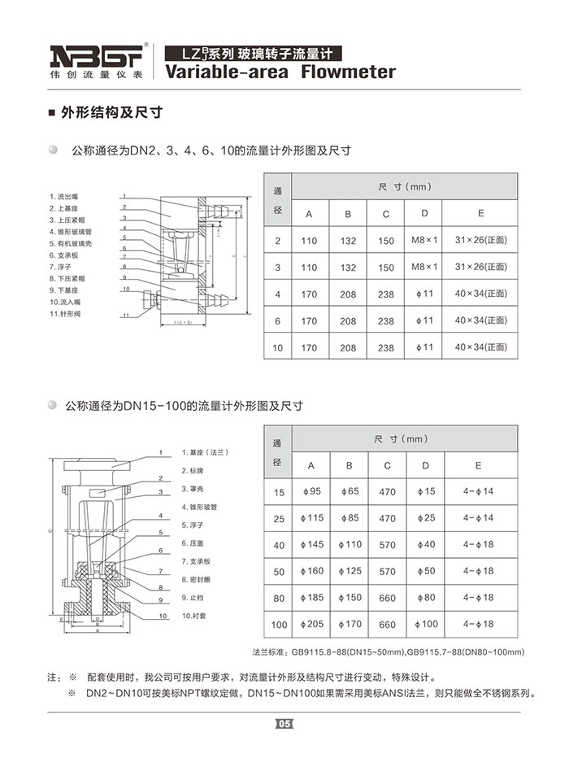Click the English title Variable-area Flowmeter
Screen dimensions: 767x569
click(x=280, y=72)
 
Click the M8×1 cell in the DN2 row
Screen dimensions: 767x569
click(x=424, y=240)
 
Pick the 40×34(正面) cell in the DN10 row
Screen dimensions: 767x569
click(x=480, y=347)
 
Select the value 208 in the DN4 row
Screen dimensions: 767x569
click(x=348, y=294)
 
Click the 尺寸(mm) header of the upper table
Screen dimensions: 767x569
click(x=404, y=187)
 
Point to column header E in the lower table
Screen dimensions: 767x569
click(x=478, y=465)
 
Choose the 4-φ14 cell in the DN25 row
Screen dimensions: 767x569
click(x=478, y=517)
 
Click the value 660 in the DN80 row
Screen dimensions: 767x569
click(x=387, y=598)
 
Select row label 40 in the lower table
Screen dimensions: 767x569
click(x=279, y=545)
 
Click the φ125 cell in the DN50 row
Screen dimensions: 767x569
click(x=349, y=571)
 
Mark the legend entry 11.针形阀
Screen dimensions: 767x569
click(x=69, y=313)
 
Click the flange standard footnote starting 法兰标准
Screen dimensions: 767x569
click(x=389, y=652)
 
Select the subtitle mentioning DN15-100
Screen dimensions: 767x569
click(x=187, y=404)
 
